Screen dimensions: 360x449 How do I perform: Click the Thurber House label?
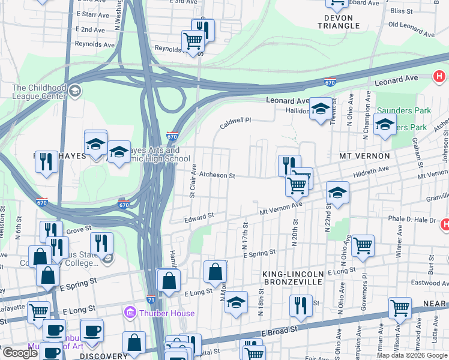click(167, 313)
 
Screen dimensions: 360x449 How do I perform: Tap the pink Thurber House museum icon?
click(129, 313)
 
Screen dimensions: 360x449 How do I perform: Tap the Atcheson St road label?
click(217, 175)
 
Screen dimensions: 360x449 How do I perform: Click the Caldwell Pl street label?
click(235, 121)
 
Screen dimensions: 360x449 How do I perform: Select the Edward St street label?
click(199, 217)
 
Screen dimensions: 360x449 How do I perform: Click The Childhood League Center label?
click(39, 92)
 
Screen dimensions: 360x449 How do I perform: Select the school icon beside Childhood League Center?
click(75, 91)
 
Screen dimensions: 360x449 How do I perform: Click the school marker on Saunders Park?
click(385, 125)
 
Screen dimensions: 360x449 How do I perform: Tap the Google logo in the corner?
click(20, 353)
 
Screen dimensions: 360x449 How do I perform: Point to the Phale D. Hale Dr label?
click(411, 220)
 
